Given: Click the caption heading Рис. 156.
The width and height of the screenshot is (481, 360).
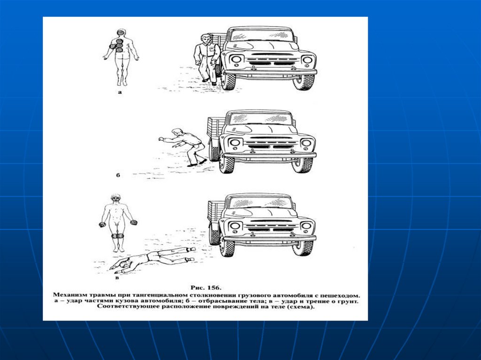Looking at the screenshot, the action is (x=206, y=288).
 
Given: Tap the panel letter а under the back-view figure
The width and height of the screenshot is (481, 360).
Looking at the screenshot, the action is (x=120, y=92).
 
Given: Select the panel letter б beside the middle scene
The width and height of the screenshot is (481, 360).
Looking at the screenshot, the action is (x=117, y=176).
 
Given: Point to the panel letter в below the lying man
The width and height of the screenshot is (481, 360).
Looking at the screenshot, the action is (x=117, y=278).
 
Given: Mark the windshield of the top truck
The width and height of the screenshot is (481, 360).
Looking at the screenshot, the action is (x=261, y=35).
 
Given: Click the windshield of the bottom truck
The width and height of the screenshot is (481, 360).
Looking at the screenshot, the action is (x=261, y=202).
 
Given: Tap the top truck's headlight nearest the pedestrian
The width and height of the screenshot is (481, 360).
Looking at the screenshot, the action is (x=236, y=59).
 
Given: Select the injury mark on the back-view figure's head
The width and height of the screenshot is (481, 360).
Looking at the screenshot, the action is (x=121, y=32).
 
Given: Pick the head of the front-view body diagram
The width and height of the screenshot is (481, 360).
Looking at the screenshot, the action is (x=116, y=198).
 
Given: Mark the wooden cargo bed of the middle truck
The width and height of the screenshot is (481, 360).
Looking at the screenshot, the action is (x=215, y=128).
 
